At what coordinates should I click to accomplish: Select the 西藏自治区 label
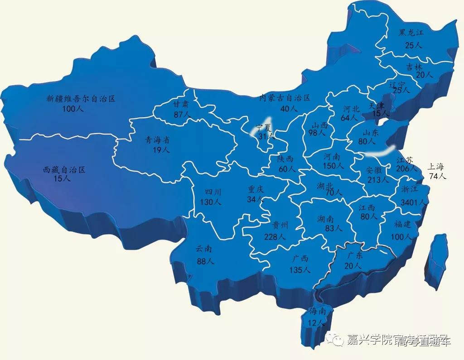click(x=64, y=170)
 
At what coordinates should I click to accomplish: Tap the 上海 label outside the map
click(x=437, y=166)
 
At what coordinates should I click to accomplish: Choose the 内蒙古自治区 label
click(x=285, y=98)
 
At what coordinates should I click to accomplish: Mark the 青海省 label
click(x=157, y=140)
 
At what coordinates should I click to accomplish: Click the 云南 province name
click(x=204, y=249)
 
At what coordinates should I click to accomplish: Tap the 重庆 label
click(x=255, y=189)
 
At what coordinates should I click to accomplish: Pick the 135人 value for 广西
click(x=300, y=270)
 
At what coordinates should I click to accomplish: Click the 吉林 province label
click(x=414, y=67)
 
